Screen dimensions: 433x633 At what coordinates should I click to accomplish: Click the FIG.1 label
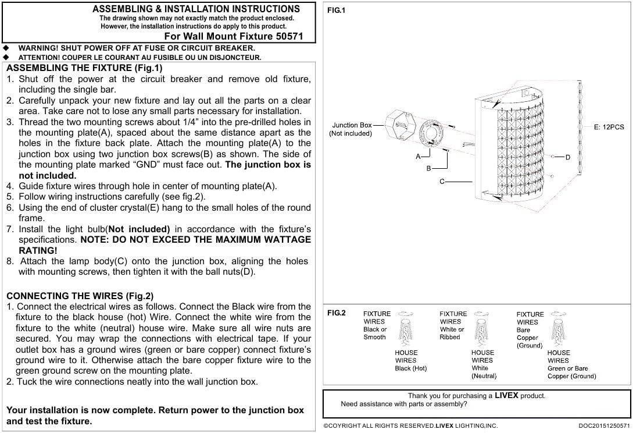click(x=336, y=10)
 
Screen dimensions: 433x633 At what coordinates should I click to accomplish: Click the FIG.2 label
click(x=336, y=313)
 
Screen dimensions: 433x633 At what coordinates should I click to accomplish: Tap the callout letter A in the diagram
click(x=418, y=157)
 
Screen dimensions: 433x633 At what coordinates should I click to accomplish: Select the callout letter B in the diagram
click(x=428, y=168)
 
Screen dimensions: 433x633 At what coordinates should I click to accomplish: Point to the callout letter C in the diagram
click(x=442, y=182)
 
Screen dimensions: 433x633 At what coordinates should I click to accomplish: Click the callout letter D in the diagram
click(x=568, y=157)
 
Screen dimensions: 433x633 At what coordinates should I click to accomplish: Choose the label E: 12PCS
click(x=609, y=127)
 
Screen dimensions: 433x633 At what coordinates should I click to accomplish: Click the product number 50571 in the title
click(x=289, y=36)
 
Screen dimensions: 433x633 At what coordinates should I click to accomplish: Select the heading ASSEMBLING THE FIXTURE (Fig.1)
click(x=85, y=68)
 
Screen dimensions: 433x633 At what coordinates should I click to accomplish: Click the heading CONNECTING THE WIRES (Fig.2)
click(x=80, y=296)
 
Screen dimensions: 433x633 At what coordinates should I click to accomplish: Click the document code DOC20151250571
click(x=603, y=426)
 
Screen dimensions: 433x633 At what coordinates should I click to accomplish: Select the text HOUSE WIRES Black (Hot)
click(x=410, y=360)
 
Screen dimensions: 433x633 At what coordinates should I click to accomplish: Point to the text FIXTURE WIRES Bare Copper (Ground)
click(x=530, y=330)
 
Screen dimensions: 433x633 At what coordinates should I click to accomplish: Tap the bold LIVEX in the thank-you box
click(x=506, y=396)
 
